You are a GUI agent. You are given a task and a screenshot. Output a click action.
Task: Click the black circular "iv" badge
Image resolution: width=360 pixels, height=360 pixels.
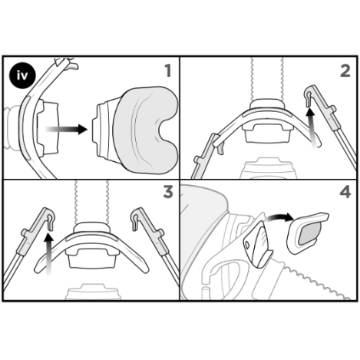(x=19, y=75)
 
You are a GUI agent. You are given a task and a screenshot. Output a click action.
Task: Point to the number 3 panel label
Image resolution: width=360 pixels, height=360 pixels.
(x=167, y=192)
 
